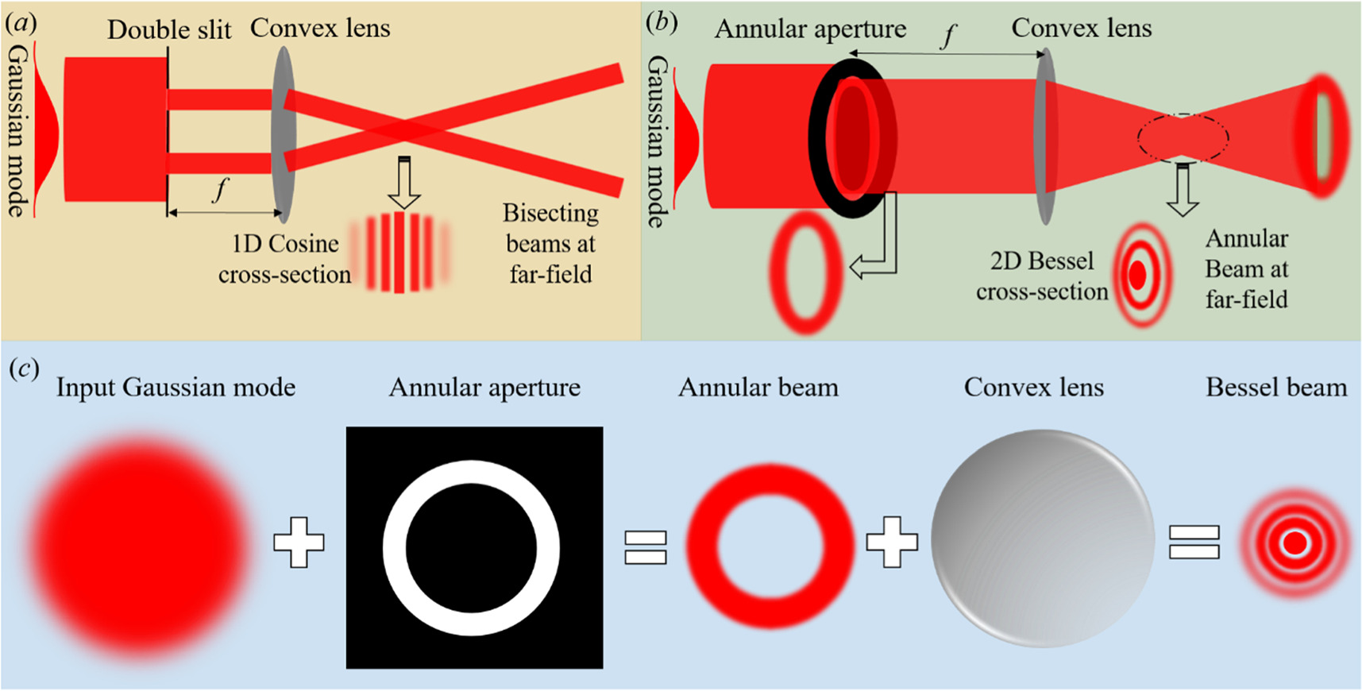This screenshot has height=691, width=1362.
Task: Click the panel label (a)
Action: [21, 24]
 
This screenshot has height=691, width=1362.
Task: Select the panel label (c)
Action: [24, 369]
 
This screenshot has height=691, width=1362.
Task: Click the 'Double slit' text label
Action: [169, 30]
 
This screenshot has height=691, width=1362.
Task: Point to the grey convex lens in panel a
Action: [284, 133]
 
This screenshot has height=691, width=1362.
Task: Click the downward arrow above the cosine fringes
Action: [404, 183]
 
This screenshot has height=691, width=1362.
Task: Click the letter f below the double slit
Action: [221, 189]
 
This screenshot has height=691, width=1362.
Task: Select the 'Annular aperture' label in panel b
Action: [810, 29]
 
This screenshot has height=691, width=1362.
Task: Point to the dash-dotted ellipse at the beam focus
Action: [1183, 138]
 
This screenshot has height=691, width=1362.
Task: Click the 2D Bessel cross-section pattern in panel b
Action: [1140, 275]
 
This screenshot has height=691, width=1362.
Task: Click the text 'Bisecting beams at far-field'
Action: [550, 244]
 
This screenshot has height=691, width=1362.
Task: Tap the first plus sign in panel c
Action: [299, 542]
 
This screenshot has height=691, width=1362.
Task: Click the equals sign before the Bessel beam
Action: [1194, 543]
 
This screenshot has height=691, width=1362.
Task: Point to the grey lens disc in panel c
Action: [1042, 539]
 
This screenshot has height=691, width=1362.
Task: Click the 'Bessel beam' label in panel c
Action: [1275, 388]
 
